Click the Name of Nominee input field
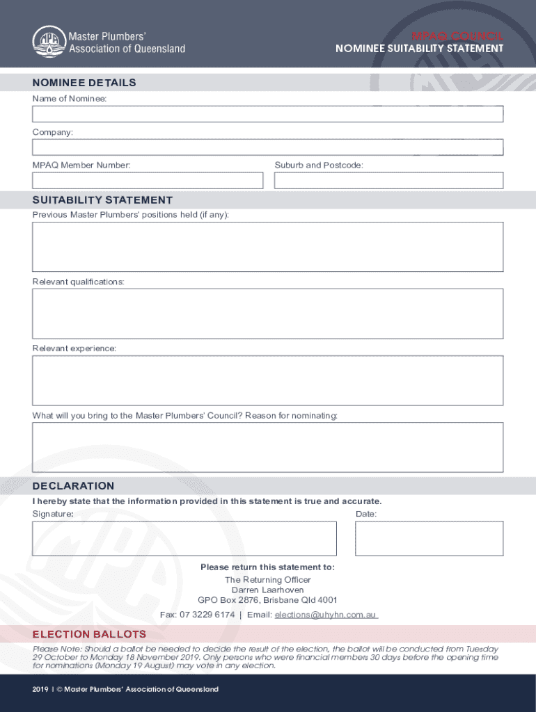coord(267,114)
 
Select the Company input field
coord(267,147)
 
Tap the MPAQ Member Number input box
coord(148,181)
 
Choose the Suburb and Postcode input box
coord(388,181)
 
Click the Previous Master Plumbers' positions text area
coord(267,247)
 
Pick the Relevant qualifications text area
coord(267,314)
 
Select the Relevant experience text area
coord(267,380)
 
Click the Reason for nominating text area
coord(267,447)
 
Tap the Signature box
coord(184,539)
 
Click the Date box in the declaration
coord(429,539)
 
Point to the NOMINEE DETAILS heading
coord(84,83)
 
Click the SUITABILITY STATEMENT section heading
coord(102,200)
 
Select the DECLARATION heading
coord(73,486)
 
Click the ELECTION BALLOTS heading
coord(89,634)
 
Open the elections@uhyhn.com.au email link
coord(326,615)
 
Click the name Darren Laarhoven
coord(267,590)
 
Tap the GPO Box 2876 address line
coord(267,600)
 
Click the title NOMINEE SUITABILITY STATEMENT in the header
coord(419,49)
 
